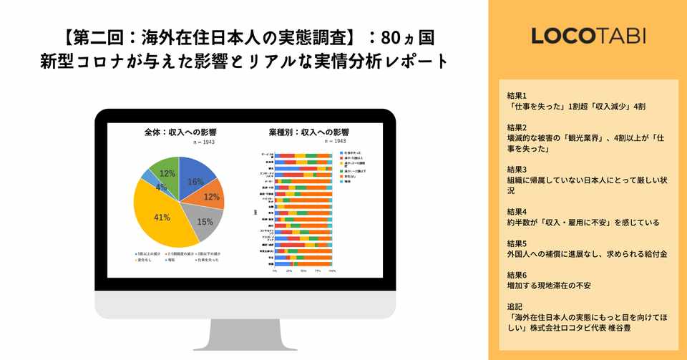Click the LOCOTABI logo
[x=588, y=36]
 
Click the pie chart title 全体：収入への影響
[x=179, y=132]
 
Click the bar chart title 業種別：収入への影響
[x=299, y=132]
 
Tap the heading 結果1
[x=516, y=95]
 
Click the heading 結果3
[x=516, y=170]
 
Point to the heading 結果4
[x=516, y=211]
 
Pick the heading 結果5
[x=516, y=243]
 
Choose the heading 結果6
[x=516, y=274]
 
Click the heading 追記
[x=515, y=306]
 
